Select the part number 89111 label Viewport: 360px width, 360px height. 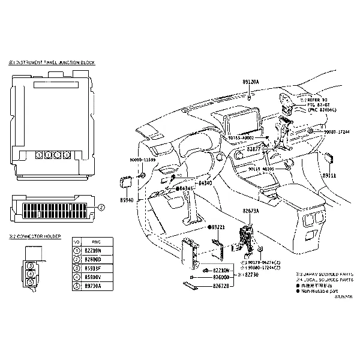(329, 176)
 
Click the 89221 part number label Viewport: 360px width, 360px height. (217, 227)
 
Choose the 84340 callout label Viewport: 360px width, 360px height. (205, 182)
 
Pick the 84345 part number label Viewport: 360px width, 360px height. (186, 188)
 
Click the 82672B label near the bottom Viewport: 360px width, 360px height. (221, 287)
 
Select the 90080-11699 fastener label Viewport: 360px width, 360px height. (142, 160)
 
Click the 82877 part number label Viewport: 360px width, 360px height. (256, 148)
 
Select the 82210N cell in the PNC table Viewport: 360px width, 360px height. (93, 250)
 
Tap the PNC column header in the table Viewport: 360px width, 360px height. (93, 241)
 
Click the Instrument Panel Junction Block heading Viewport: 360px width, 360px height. (51, 62)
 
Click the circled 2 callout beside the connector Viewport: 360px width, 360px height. (101, 208)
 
